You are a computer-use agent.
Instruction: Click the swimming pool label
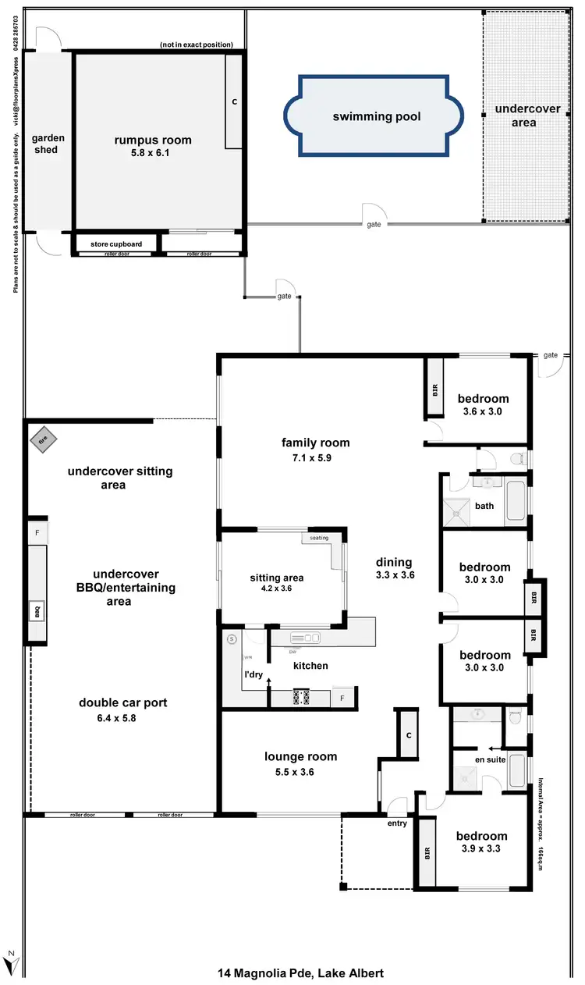point(377,116)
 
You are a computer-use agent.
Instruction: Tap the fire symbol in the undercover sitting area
point(44,439)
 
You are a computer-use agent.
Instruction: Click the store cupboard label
point(116,244)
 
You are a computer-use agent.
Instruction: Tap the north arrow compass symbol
point(11,962)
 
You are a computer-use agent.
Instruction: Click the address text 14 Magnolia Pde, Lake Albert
point(300,973)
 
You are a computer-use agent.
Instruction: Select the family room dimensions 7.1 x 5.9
point(315,458)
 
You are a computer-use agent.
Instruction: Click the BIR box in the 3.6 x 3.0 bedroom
point(434,389)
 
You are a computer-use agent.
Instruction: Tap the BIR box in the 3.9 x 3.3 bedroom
point(426,852)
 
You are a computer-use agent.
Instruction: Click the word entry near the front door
point(397,823)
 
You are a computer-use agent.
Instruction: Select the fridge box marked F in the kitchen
point(343,698)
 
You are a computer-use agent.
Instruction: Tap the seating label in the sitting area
point(319,538)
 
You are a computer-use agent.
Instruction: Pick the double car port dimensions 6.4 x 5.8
point(122,717)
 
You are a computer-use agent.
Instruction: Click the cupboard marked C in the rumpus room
point(234,101)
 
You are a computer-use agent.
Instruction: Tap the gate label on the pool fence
point(374,225)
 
